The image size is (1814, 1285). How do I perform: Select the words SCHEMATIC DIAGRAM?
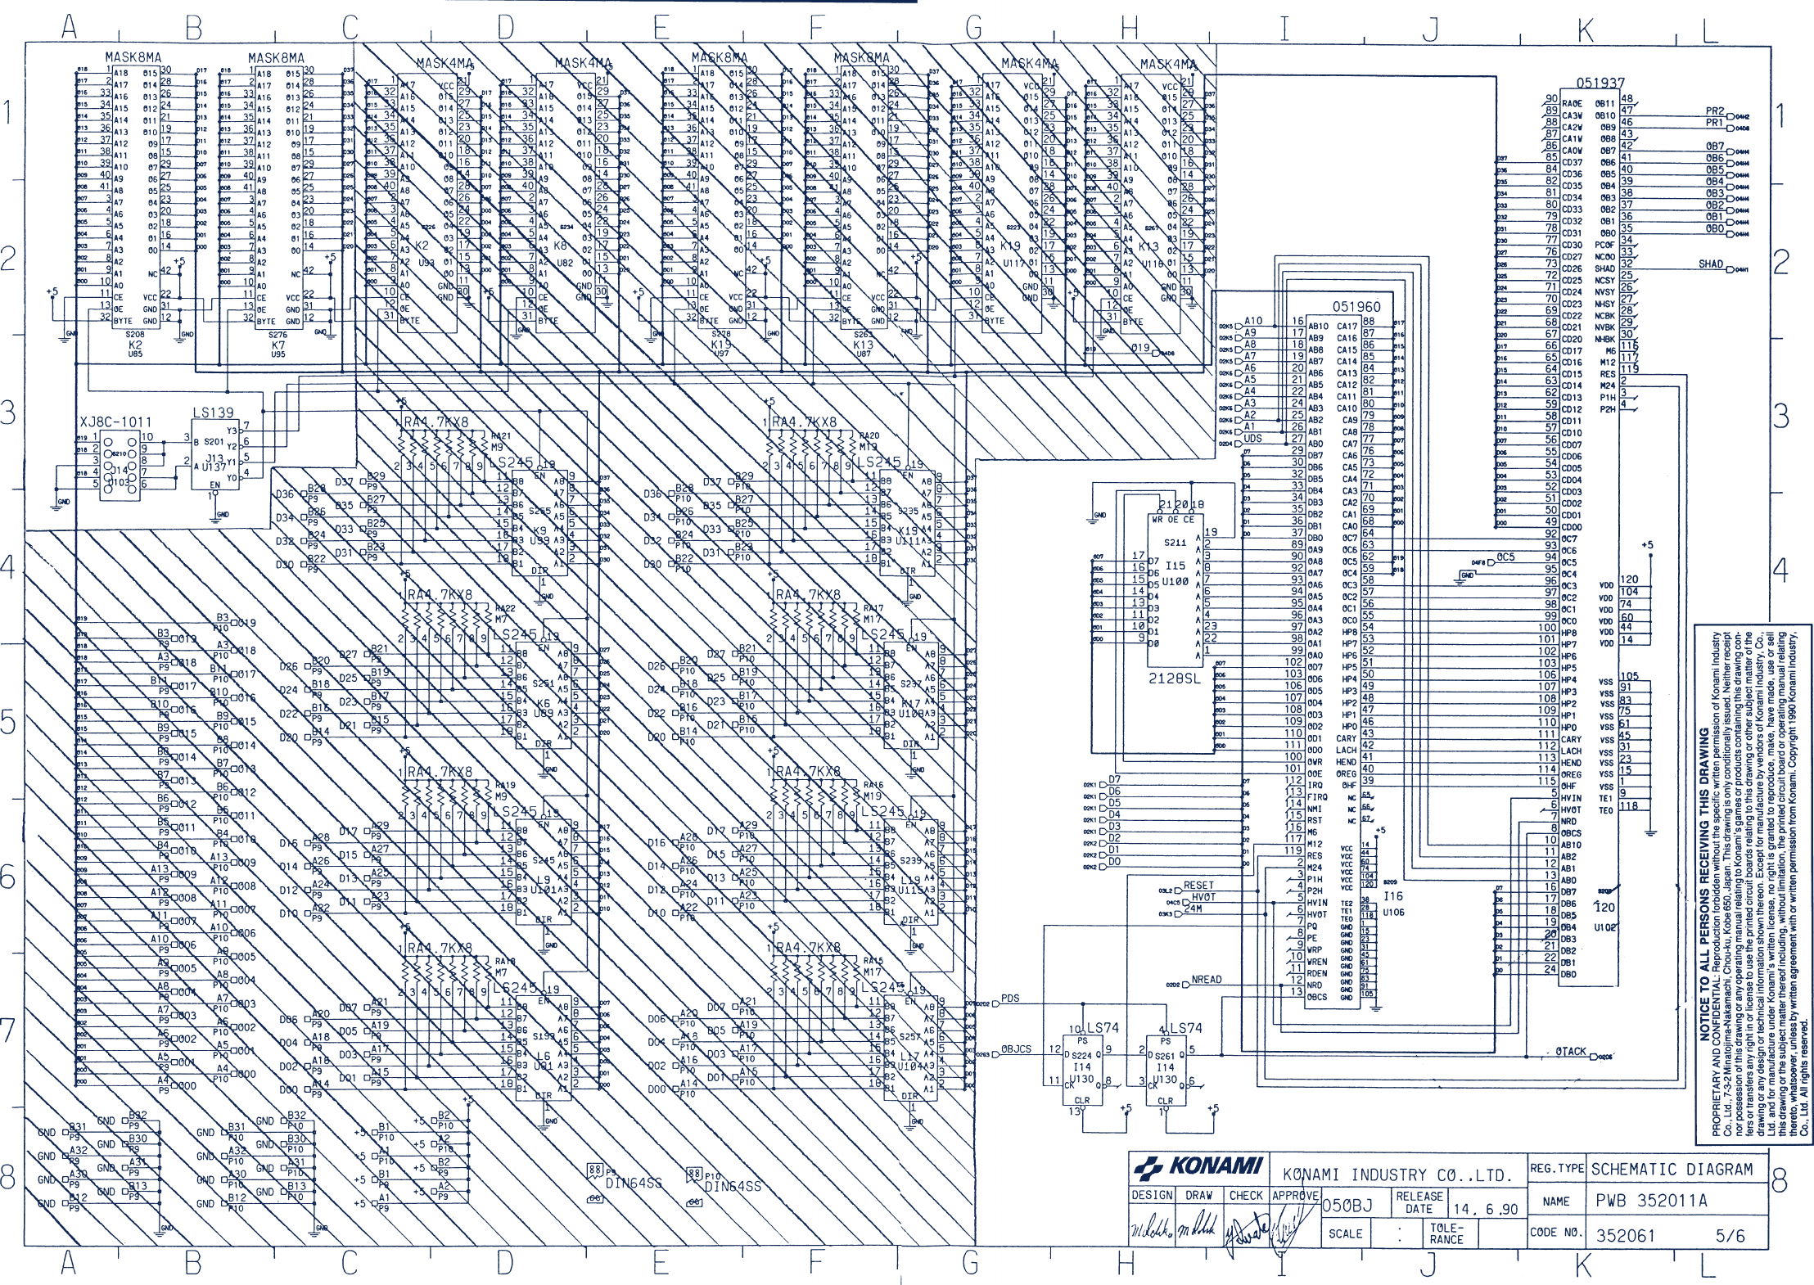1672,1169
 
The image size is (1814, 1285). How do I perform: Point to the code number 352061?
1625,1235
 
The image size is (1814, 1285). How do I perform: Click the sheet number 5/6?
1730,1235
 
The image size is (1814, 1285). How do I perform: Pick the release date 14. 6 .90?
1485,1209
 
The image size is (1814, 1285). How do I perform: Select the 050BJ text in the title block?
1347,1205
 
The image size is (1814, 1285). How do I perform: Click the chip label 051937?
1600,83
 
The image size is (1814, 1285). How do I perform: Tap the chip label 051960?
1356,307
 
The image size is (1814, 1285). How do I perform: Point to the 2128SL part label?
1175,678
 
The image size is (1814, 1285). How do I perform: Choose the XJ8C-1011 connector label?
115,422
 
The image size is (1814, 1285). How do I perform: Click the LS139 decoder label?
213,413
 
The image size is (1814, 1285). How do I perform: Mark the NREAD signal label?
1206,979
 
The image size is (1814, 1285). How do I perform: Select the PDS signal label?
1010,998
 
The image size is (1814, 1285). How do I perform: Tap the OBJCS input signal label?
1016,1048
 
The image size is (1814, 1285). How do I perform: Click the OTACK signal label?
1570,1052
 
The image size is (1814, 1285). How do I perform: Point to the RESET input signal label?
1198,885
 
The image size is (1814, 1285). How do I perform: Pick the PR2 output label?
1714,111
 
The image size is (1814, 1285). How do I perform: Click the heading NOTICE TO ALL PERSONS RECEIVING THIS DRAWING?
1705,884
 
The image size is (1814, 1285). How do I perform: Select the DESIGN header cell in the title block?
1152,1195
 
